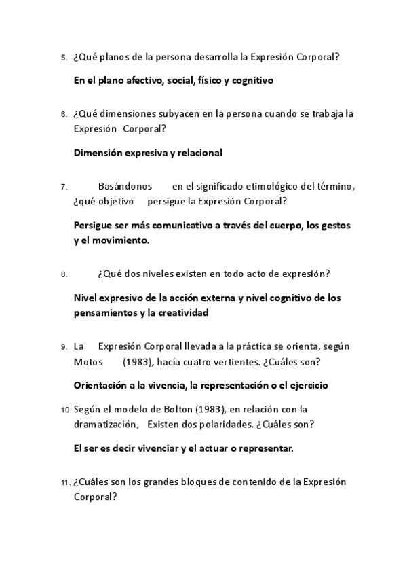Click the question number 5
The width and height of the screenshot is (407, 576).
[x=63, y=58]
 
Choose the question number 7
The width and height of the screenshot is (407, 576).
[x=63, y=187]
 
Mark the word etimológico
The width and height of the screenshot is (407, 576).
[x=268, y=186]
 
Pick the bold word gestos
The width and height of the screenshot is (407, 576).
[x=335, y=225]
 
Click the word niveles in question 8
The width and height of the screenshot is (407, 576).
[x=155, y=274]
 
